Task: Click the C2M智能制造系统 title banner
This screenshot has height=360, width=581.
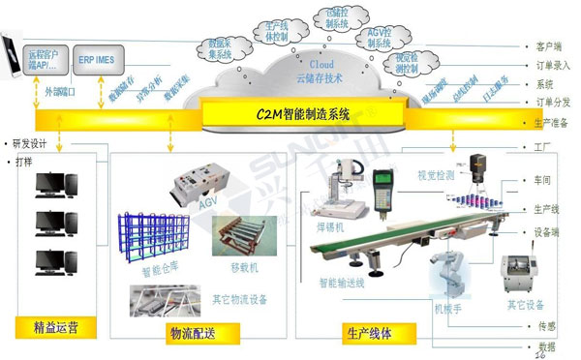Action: (303, 114)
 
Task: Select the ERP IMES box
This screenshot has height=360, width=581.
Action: (98, 59)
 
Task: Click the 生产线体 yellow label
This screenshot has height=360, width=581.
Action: (368, 332)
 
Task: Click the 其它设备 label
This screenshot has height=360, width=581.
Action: (524, 305)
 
